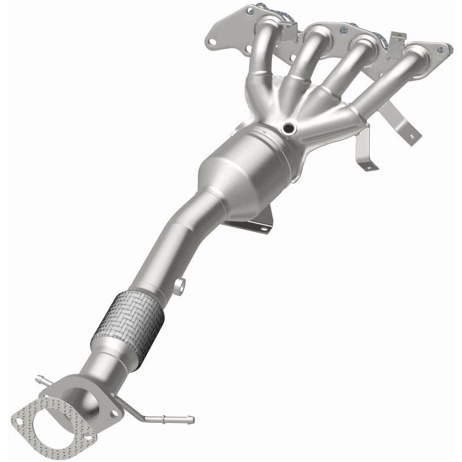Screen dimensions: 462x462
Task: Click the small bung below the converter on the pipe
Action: (x=181, y=284)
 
